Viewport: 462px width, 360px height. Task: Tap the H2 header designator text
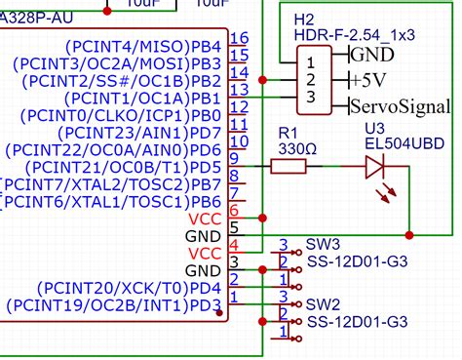(303, 20)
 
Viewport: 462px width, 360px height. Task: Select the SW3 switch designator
(323, 244)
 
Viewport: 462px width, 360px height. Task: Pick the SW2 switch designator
(323, 304)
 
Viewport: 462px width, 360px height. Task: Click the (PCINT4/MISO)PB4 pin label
(141, 46)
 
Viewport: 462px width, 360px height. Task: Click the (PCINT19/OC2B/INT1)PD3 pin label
(112, 305)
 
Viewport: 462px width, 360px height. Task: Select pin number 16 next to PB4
(239, 38)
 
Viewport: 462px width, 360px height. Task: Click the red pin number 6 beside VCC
(234, 210)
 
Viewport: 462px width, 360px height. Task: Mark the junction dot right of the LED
(408, 234)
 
